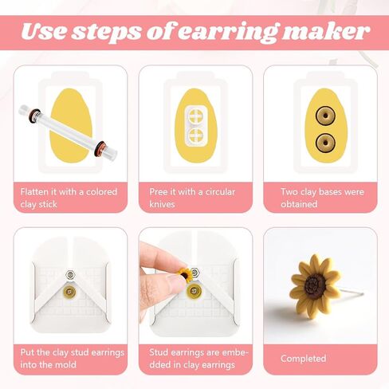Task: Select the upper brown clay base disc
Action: [x=324, y=116]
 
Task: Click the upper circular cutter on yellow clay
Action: [x=195, y=116]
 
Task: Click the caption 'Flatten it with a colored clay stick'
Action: [x=67, y=198]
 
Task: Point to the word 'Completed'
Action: [x=304, y=359]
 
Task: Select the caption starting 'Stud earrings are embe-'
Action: [x=194, y=358]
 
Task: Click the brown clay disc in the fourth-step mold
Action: [x=69, y=292]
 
